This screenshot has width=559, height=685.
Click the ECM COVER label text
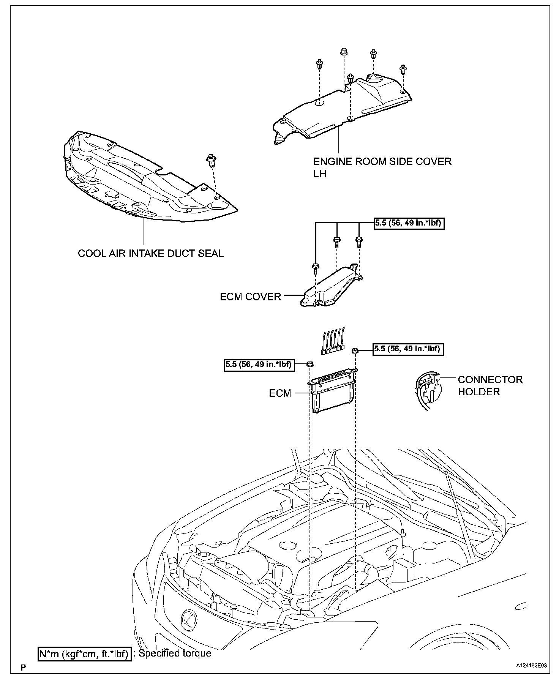click(250, 297)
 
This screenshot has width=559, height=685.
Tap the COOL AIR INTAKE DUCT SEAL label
click(151, 253)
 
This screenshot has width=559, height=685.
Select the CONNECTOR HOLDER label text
click(490, 385)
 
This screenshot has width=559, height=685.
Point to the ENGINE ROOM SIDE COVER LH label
click(382, 167)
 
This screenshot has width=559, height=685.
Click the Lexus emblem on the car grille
click(188, 620)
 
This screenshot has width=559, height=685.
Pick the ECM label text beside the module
click(280, 393)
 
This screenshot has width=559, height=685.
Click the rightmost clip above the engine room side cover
click(403, 70)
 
